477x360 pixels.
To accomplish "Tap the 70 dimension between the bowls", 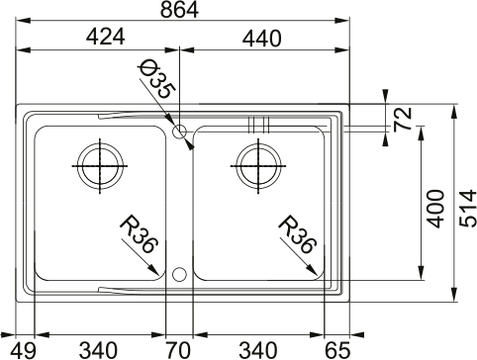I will point(179,348).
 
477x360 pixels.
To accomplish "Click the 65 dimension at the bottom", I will point(336,348).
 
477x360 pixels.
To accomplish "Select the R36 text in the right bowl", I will point(297,233).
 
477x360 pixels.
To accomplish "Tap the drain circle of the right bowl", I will point(255,164).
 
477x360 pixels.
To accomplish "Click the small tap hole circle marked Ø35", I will point(179,131).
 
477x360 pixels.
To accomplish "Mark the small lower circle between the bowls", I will point(179,274).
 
